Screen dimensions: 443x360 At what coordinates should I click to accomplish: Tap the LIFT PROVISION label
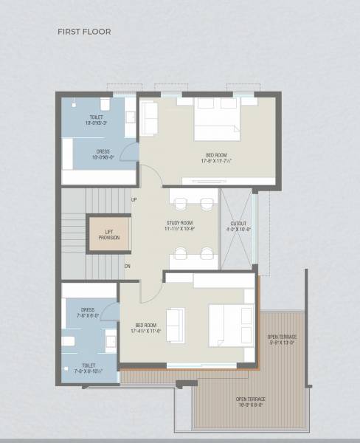[x=109, y=234]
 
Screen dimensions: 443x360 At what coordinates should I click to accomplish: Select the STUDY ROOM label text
[x=179, y=222]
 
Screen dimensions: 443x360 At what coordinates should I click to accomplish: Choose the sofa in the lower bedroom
[x=176, y=324]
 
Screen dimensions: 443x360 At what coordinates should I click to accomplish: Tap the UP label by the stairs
[x=134, y=199]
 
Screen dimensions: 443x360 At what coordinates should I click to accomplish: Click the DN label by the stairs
[x=128, y=266]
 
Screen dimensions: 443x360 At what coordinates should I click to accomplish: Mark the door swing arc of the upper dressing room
[x=130, y=151]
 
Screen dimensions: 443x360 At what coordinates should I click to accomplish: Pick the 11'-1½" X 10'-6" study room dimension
[x=179, y=229]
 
